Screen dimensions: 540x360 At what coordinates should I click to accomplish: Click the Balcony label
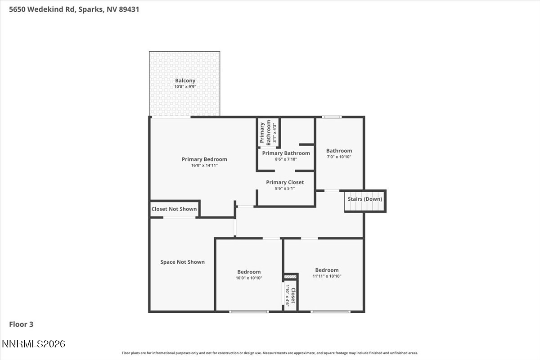coord(185,81)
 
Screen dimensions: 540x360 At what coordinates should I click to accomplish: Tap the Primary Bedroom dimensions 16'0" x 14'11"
coord(204,166)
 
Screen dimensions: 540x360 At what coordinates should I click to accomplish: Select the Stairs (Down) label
coord(365,199)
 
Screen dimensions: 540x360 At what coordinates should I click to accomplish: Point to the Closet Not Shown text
coord(174,209)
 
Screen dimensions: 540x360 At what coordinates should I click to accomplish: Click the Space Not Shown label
coord(183,262)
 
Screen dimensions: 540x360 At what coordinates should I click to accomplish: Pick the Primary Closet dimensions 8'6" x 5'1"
coord(285,188)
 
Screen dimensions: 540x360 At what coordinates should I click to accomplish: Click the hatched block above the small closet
coord(290,277)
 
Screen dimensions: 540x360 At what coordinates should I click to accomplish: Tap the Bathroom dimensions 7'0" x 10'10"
coord(339,157)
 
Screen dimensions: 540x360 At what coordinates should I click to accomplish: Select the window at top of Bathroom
coord(332,117)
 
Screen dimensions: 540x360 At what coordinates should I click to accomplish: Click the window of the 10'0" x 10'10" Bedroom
coord(249,312)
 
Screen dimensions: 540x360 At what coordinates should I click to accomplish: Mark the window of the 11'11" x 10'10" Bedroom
coord(330,312)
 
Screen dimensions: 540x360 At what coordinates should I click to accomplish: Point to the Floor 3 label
coord(21,324)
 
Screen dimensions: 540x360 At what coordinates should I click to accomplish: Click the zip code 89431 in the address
coord(129,9)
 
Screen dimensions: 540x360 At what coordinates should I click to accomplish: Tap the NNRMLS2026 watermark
coord(33,344)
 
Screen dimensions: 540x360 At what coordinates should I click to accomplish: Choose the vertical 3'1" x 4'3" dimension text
coord(274,133)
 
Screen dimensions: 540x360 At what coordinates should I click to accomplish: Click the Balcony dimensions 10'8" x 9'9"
coord(185,86)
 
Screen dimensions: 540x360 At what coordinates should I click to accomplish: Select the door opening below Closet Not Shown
coord(179,217)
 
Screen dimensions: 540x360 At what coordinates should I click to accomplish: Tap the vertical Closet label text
coord(293,296)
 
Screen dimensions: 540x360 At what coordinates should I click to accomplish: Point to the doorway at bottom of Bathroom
coord(332,191)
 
